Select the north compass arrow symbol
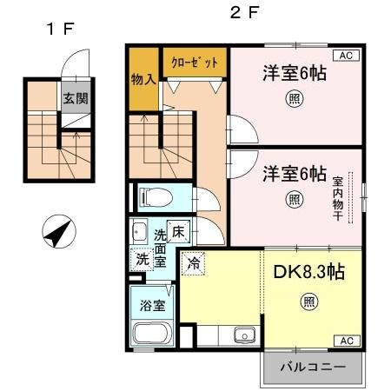[x=58, y=232]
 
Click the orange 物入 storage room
[x=143, y=80]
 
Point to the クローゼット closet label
[x=194, y=63]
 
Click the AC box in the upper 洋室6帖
[x=345, y=56]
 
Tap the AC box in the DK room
[x=345, y=340]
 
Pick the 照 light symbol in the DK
[x=308, y=302]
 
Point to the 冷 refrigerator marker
[x=194, y=259]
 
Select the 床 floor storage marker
[x=178, y=232]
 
